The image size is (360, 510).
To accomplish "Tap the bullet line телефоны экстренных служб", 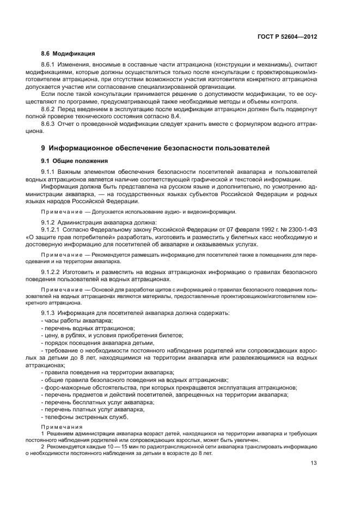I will [x=84, y=417].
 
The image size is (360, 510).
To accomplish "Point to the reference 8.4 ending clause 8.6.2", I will [x=151, y=116].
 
